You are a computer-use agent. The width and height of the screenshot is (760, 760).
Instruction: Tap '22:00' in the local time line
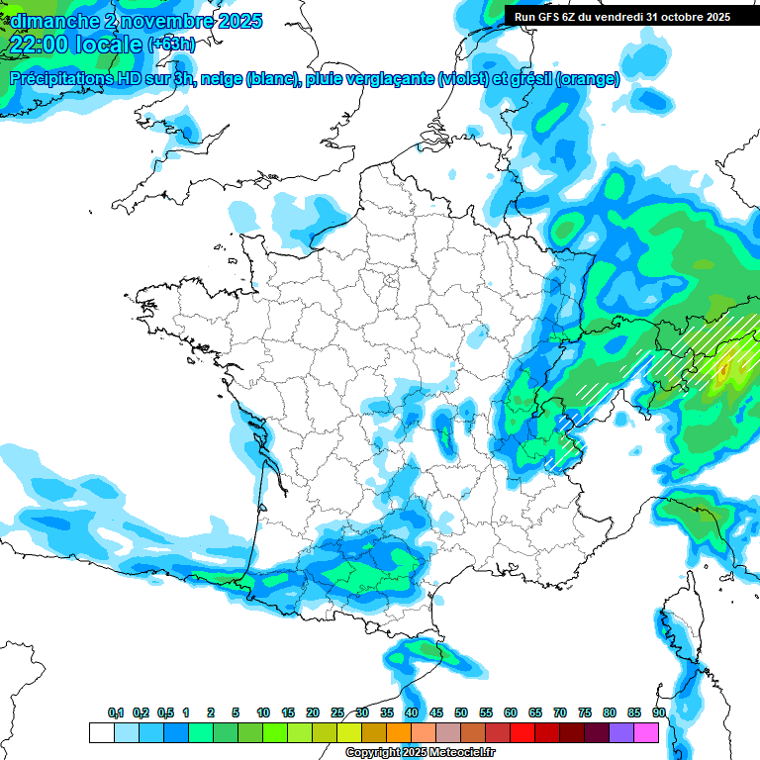39,45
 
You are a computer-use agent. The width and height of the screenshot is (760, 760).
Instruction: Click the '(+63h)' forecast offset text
170,45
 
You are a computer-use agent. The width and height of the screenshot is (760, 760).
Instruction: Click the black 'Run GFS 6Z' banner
621,17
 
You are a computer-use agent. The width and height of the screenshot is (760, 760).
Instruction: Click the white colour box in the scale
101,732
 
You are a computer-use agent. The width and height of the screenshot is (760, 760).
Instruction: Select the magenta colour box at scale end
646,732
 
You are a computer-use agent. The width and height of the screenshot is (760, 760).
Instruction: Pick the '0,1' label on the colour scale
116,712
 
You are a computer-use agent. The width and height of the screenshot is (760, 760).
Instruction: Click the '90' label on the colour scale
659,712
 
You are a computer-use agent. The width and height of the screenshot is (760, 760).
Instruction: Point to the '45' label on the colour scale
436,712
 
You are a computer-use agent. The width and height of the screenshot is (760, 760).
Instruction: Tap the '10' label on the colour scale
263,712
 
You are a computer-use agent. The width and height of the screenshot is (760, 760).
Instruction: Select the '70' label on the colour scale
560,712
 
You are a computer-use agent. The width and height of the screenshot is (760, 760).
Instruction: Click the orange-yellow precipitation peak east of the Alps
725,371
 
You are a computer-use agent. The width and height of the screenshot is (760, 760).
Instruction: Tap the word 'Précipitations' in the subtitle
60,78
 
